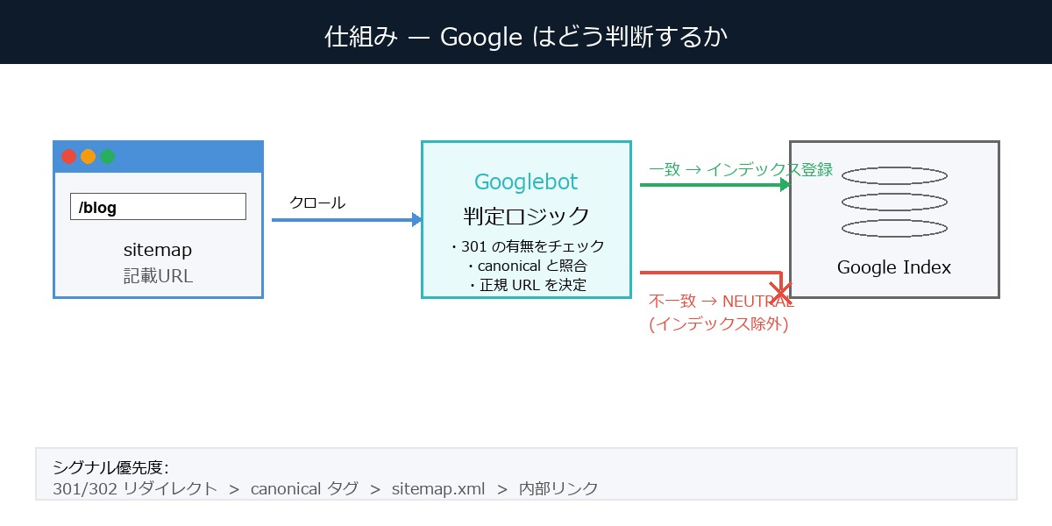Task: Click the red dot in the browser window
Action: coord(68,157)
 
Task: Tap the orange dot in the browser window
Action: coord(88,157)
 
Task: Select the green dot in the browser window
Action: coord(107,157)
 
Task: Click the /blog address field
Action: coord(158,207)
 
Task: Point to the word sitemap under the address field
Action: coord(158,250)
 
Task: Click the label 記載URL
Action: coord(158,275)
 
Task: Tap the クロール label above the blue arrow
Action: coord(317,203)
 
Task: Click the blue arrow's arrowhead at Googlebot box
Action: coord(417,220)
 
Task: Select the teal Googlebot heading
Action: coord(526,182)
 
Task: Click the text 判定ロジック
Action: coord(526,216)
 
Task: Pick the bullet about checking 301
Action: coord(526,246)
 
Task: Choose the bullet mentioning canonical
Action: coord(526,265)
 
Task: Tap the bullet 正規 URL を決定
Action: coord(526,284)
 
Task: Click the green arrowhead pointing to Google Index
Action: coord(785,185)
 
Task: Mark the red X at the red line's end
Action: coord(779,291)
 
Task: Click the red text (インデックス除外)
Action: coord(719,323)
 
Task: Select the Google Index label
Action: coord(894,267)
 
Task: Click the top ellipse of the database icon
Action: coord(894,175)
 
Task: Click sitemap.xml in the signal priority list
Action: coord(438,488)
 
